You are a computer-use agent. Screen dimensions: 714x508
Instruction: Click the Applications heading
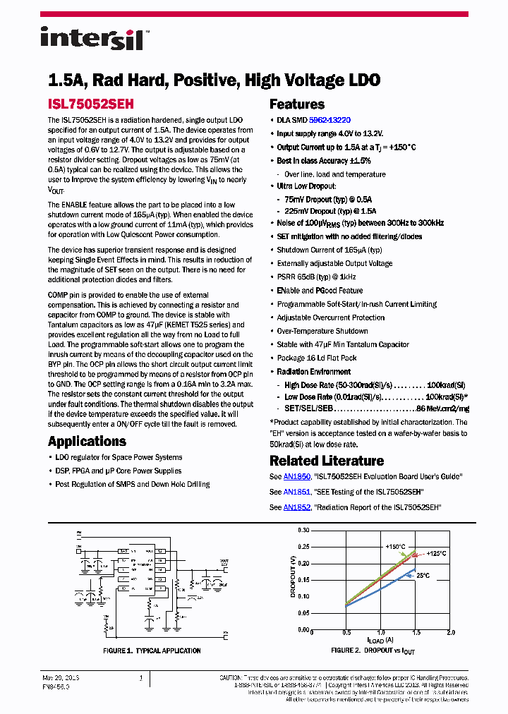[x=87, y=442]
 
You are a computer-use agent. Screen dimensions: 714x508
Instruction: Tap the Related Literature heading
[x=327, y=461]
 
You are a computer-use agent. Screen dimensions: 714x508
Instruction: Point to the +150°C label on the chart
[x=395, y=546]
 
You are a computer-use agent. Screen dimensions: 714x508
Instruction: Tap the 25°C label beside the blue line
[x=423, y=576]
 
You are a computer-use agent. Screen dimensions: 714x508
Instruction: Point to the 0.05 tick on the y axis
[x=303, y=612]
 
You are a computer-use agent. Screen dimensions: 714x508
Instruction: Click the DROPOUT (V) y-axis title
[x=294, y=577]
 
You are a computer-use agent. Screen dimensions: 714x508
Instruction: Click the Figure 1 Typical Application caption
[x=152, y=651]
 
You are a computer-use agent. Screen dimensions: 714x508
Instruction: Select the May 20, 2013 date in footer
[x=61, y=678]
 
